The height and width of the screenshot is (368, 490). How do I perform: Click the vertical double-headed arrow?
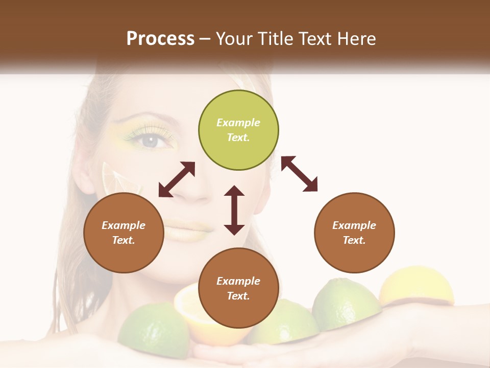coord(234,210)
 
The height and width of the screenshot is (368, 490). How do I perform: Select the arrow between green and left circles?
coord(177,179)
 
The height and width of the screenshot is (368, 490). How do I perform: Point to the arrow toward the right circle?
coord(299,174)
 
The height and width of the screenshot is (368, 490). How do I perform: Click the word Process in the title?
coord(160,38)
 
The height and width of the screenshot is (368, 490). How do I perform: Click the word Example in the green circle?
coord(238,123)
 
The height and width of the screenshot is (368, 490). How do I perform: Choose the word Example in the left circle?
coord(124,225)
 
